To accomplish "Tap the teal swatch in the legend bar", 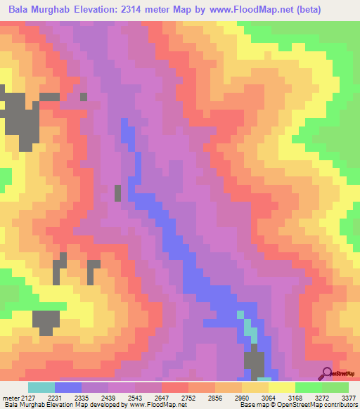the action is [x=41, y=387].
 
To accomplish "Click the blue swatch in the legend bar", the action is [x=68, y=387].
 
